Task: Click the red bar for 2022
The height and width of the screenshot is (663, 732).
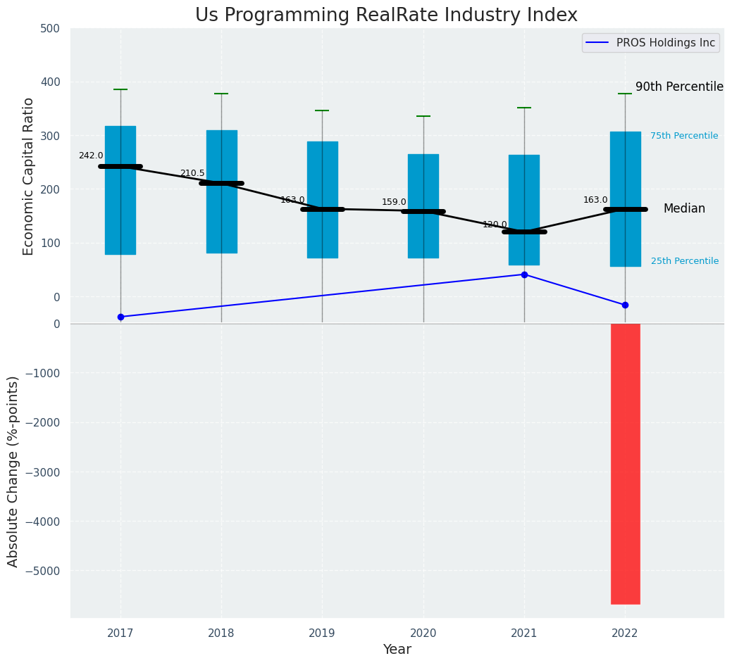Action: coord(625,463)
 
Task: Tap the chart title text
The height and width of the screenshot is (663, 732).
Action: coord(386,15)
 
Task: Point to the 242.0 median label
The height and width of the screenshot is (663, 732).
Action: coord(91,156)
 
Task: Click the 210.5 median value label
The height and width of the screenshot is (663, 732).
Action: coord(192,173)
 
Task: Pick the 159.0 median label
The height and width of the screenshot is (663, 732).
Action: coord(394,202)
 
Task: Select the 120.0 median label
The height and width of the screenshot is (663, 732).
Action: coord(495,225)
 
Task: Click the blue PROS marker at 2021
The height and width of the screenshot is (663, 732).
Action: coord(524,274)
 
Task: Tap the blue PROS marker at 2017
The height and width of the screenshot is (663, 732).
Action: coord(120,317)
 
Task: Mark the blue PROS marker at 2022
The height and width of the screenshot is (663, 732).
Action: coord(625,305)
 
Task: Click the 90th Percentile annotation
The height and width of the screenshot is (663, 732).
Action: coord(679,87)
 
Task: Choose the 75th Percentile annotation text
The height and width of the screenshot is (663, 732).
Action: coord(684,136)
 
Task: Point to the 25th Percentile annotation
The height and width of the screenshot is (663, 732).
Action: coord(685,261)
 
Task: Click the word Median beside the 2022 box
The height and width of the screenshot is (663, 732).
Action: coord(684,208)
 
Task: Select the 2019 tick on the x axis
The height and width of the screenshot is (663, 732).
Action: coord(323,633)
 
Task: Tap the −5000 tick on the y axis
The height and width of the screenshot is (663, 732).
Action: coord(43,571)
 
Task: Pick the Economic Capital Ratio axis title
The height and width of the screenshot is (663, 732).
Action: coord(29,176)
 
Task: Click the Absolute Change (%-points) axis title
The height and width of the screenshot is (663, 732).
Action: coord(13,471)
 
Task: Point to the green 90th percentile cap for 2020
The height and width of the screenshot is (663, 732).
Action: coord(423,116)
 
